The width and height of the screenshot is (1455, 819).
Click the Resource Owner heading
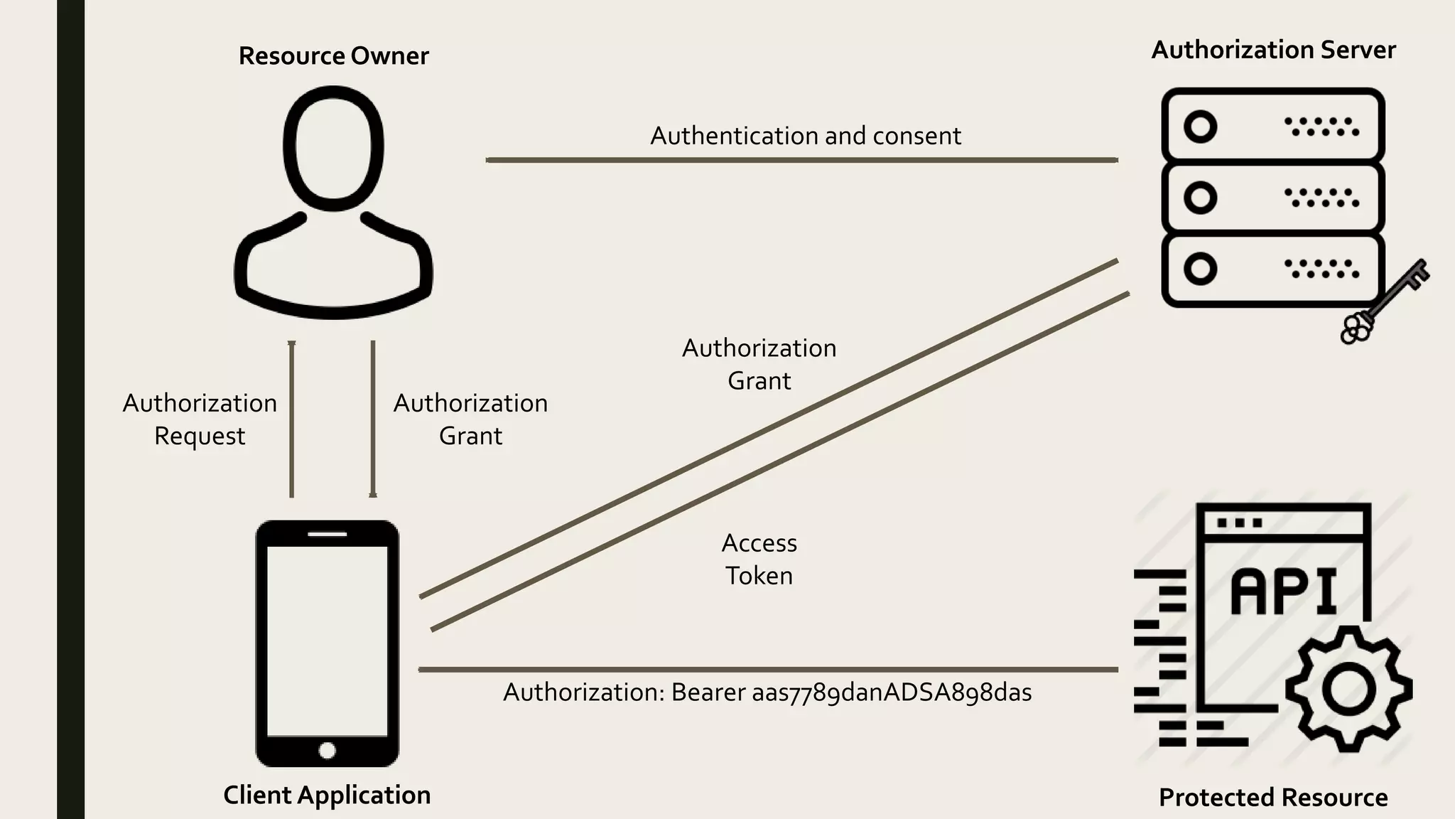point(333,56)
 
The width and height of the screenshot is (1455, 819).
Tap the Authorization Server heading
point(1273,50)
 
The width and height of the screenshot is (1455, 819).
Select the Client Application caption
point(327,795)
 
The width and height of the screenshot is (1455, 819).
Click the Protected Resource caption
point(1273,798)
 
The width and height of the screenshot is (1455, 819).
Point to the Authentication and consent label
point(806,136)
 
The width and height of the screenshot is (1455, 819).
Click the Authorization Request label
point(200,419)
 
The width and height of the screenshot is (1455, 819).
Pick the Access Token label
point(759,560)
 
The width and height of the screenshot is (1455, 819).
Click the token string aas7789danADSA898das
point(892,692)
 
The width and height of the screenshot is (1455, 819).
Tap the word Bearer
point(708,692)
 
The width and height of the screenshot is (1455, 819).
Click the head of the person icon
point(333,148)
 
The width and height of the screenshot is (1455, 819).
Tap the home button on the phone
point(328,751)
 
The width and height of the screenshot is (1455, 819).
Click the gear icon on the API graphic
point(1348,688)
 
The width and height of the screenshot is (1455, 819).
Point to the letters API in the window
point(1284,591)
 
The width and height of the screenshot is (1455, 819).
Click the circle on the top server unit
point(1200,127)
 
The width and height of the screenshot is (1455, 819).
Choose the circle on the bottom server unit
point(1200,269)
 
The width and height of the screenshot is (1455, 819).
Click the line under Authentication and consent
point(801,160)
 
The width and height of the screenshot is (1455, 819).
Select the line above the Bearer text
point(767,669)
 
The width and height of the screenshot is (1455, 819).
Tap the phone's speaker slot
point(328,534)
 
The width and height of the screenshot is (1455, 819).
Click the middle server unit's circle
point(1200,198)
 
